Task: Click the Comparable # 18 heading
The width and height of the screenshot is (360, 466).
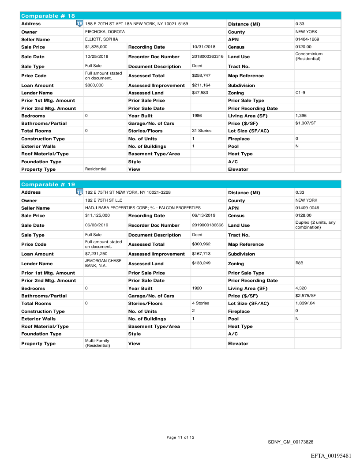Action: (x=49, y=16)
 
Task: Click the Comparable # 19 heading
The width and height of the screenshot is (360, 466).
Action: (x=49, y=184)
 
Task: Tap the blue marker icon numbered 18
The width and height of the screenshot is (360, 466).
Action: (x=79, y=23)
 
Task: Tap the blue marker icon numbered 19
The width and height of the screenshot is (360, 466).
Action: (x=79, y=192)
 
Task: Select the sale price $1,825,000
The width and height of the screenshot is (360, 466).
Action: (x=96, y=47)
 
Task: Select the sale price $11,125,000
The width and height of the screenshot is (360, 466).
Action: (x=97, y=215)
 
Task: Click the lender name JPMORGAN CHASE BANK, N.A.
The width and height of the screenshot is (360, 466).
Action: (x=103, y=263)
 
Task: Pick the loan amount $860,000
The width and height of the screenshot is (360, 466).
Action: (x=94, y=85)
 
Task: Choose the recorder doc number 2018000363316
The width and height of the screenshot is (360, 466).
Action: (x=208, y=56)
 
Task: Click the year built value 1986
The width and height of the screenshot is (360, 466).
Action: (x=197, y=116)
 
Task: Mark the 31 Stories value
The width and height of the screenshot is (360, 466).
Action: (x=202, y=131)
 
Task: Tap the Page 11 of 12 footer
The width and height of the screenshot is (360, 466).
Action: (x=180, y=437)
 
